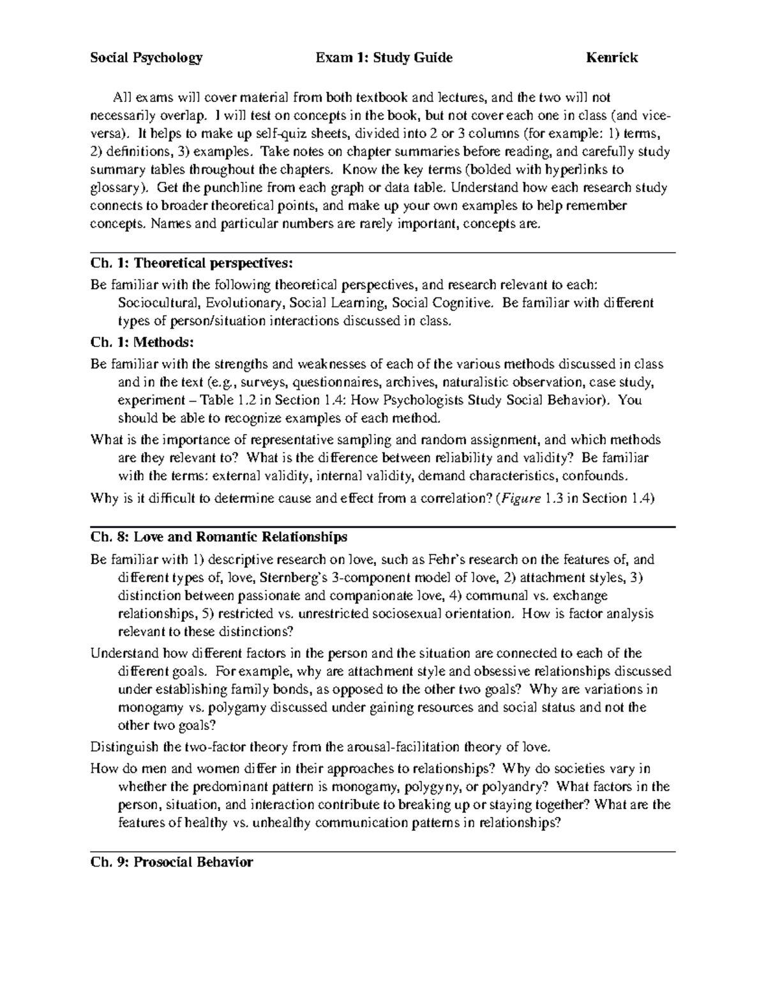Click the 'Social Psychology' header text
pos(146,58)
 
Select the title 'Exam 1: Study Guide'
pos(384,58)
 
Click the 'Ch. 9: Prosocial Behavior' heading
pos(172,862)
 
